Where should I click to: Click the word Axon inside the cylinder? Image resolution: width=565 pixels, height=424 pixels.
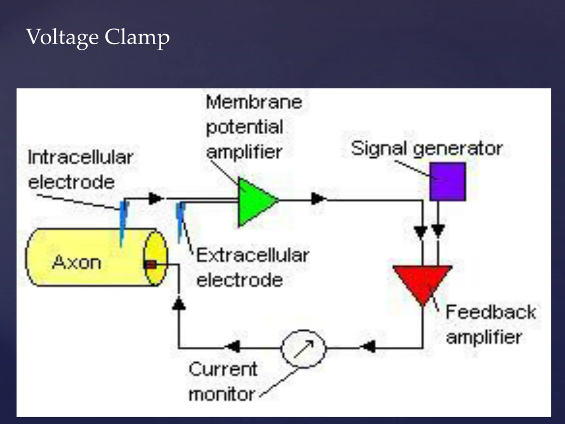click(x=77, y=263)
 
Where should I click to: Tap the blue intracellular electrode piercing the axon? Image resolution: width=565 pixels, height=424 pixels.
click(x=123, y=222)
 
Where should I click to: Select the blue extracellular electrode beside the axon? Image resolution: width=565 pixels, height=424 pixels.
click(x=181, y=220)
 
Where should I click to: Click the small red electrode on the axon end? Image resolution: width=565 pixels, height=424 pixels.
click(x=151, y=265)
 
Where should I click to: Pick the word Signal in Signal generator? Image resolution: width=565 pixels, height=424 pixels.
click(x=379, y=148)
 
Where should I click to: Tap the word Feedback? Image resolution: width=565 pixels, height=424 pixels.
click(x=491, y=312)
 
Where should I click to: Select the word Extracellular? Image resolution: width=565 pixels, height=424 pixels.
click(x=253, y=255)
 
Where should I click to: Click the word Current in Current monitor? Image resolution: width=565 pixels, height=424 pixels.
click(x=223, y=369)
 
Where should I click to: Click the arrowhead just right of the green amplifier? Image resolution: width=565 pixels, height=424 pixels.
click(x=318, y=198)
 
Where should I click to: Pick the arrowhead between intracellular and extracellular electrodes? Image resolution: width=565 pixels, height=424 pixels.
click(x=155, y=198)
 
